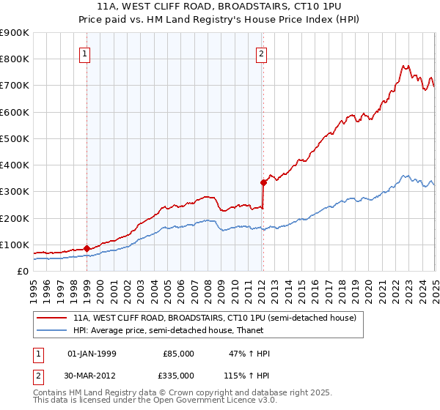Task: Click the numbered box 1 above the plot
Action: [85, 53]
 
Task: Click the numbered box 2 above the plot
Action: [261, 53]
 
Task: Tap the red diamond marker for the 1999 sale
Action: [87, 248]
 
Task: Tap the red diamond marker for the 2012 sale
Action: [263, 182]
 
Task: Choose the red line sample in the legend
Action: [51, 318]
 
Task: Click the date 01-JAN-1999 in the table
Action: [91, 354]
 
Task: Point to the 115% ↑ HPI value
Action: [247, 375]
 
